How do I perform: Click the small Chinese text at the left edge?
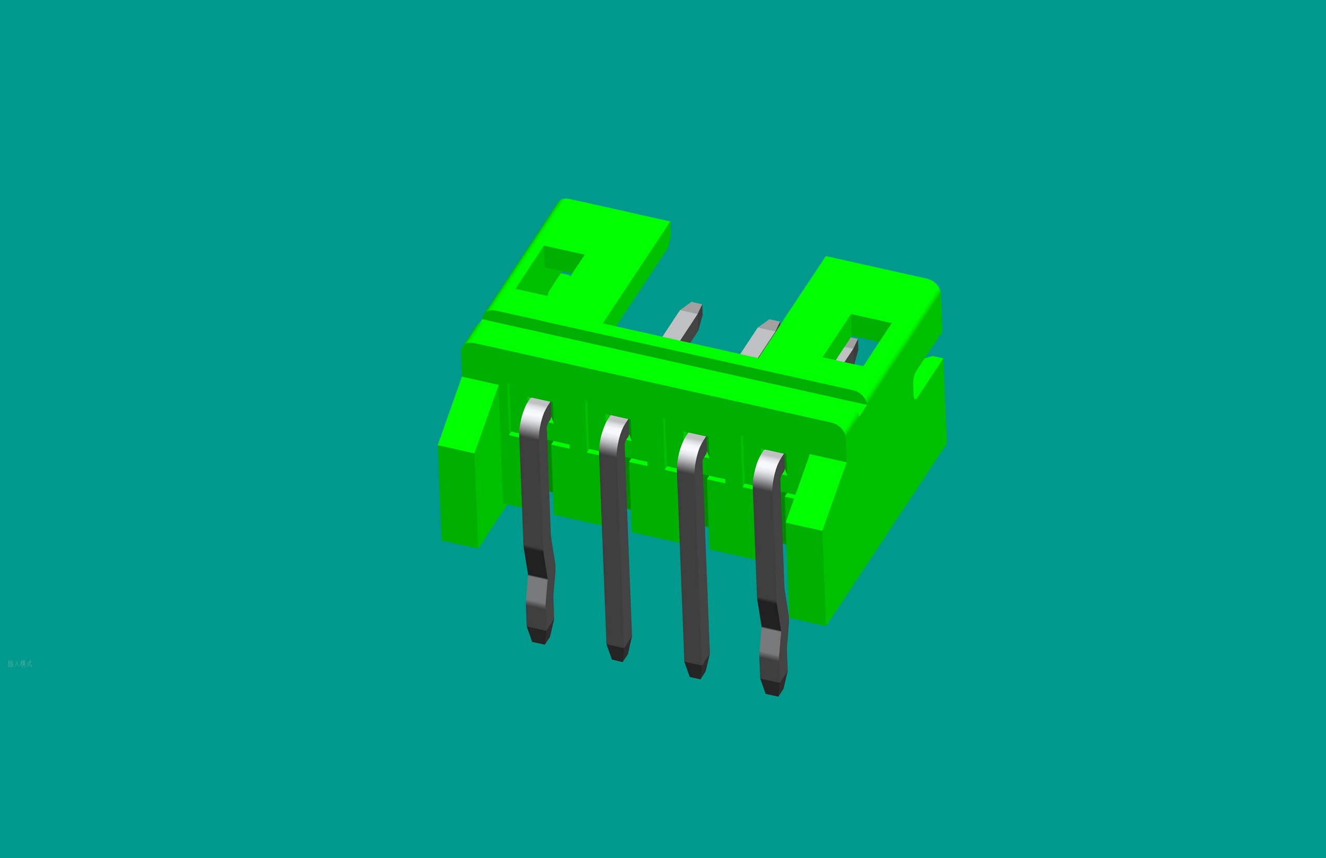(20, 664)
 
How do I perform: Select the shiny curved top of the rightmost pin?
(769, 463)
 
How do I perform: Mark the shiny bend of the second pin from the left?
(614, 430)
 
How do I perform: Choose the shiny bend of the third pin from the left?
(692, 447)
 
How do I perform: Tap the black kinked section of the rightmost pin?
(771, 614)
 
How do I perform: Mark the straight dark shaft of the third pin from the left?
(693, 557)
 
